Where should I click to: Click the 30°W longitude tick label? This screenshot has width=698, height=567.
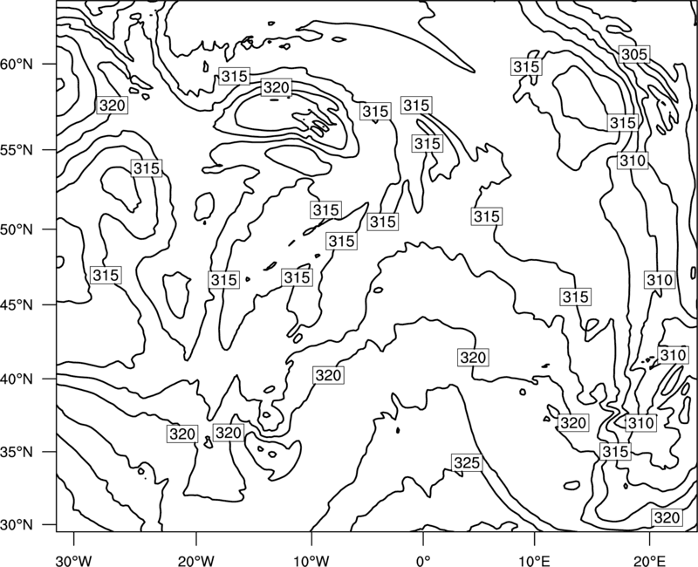pyautogui.click(x=74, y=560)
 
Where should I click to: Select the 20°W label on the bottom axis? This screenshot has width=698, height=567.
pyautogui.click(x=195, y=560)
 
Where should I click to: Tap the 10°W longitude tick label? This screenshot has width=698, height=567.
pyautogui.click(x=311, y=560)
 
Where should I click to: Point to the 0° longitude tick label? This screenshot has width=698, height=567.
pyautogui.click(x=423, y=560)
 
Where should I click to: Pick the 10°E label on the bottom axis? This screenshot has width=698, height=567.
pyautogui.click(x=534, y=560)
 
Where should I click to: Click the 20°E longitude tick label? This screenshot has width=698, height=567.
pyautogui.click(x=649, y=560)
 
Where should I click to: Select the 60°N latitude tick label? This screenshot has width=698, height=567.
pyautogui.click(x=17, y=65)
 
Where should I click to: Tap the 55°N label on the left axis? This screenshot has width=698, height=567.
pyautogui.click(x=17, y=150)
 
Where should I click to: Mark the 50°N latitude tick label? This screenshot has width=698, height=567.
pyautogui.click(x=17, y=229)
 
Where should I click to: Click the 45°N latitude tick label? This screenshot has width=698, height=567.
pyautogui.click(x=17, y=305)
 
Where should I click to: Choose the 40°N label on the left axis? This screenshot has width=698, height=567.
pyautogui.click(x=17, y=379)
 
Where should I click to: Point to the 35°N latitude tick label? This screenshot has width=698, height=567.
pyautogui.click(x=17, y=452)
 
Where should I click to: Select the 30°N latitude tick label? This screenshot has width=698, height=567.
pyautogui.click(x=17, y=525)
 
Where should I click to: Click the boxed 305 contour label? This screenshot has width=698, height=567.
pyautogui.click(x=634, y=54)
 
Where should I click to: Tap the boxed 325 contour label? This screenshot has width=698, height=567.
pyautogui.click(x=467, y=463)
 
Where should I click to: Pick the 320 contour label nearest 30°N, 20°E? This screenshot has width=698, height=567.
pyautogui.click(x=667, y=517)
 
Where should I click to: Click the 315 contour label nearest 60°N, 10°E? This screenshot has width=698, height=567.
pyautogui.click(x=527, y=67)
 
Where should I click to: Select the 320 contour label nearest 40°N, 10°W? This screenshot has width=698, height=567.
pyautogui.click(x=328, y=375)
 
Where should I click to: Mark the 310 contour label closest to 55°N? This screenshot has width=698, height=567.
pyautogui.click(x=633, y=161)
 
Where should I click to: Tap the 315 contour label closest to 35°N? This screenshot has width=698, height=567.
pyautogui.click(x=615, y=451)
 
